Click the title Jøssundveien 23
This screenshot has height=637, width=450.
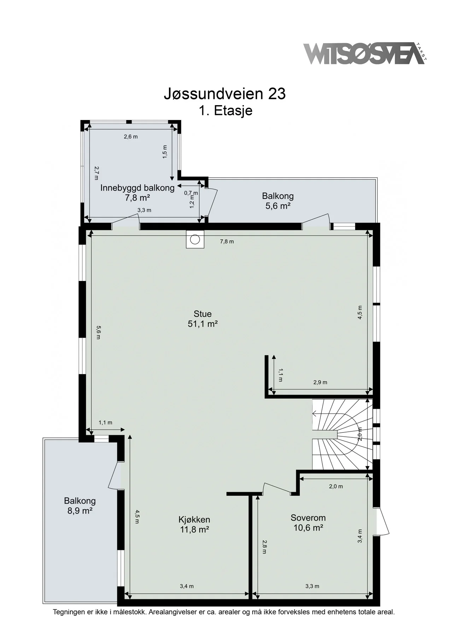(x=225, y=94)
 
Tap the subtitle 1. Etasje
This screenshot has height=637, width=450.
(x=225, y=110)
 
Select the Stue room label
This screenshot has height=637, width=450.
(x=203, y=314)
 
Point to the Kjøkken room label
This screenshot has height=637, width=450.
(x=194, y=520)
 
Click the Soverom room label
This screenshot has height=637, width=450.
(x=308, y=518)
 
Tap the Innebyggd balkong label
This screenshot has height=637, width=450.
(x=138, y=188)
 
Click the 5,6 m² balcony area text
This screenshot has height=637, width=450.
(x=278, y=206)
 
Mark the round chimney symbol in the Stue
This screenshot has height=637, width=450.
(x=195, y=240)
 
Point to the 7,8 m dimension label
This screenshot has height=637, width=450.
(x=227, y=242)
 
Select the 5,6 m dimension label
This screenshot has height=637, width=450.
(x=98, y=332)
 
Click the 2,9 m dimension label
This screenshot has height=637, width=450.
(x=320, y=382)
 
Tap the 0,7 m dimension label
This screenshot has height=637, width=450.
(x=191, y=193)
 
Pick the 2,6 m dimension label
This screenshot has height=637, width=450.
(x=131, y=137)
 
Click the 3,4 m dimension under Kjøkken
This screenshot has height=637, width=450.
(x=187, y=586)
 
